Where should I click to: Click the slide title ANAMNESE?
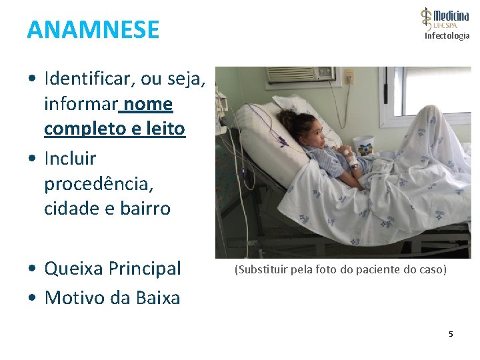(x=93, y=30)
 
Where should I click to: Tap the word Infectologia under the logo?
(x=447, y=36)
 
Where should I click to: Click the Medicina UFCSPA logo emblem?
(x=427, y=19)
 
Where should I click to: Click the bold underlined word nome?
(x=148, y=104)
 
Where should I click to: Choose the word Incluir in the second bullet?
(x=70, y=159)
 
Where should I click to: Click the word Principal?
(x=145, y=269)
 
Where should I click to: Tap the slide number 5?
(x=451, y=333)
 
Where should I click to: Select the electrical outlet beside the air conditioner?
(x=349, y=79)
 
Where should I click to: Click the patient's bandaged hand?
(x=351, y=159)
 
